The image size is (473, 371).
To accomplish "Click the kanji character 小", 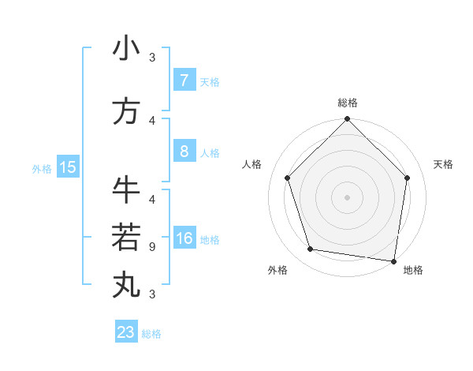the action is point(126,49).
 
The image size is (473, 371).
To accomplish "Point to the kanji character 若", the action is point(126,237).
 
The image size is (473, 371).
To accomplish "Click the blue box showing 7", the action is point(184,81).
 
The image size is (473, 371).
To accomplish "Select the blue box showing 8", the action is point(184,152).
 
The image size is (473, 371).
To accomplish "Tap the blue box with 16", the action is point(184,239).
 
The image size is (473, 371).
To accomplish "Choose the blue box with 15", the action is point(67,167).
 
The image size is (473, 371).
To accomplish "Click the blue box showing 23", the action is point(126,332).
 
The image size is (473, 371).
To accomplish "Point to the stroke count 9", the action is point(152,246).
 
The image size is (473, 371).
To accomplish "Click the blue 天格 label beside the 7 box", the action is point(210,82).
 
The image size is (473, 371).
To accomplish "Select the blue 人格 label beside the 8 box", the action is point(210,153).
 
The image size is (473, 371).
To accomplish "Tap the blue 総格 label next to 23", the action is point(151,334).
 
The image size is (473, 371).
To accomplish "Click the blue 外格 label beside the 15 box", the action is point(42,168).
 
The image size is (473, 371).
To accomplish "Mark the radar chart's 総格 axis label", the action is point(348,103).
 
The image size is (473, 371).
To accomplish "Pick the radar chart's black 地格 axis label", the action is point(413,270).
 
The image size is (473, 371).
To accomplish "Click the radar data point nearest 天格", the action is point(408,178).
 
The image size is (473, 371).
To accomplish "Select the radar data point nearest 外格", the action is point(311,249).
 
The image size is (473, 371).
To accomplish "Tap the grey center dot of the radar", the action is point(348,197).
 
